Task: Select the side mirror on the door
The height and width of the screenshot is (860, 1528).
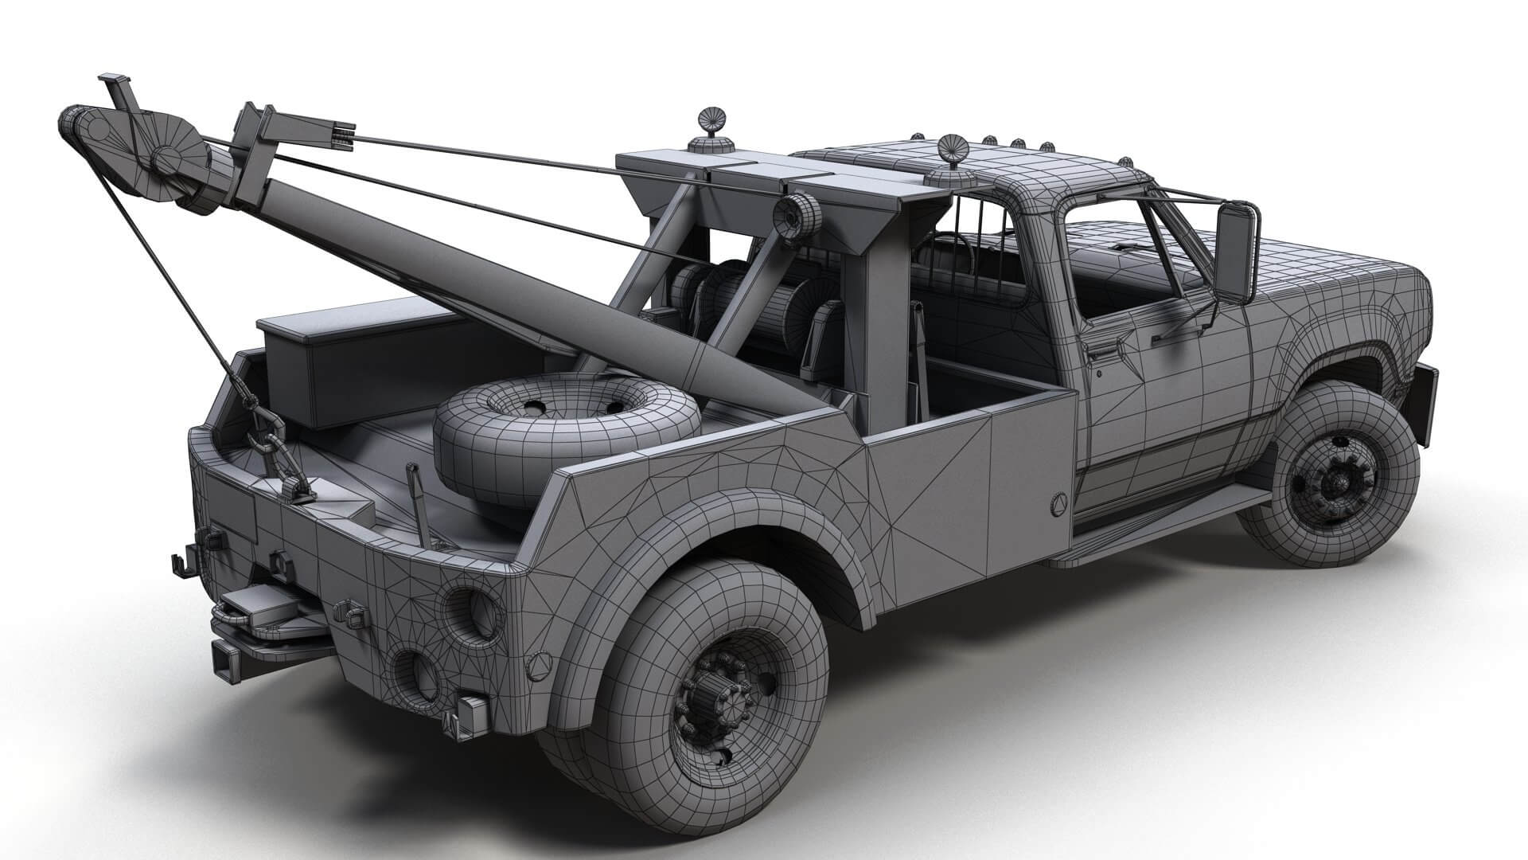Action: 1238,252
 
